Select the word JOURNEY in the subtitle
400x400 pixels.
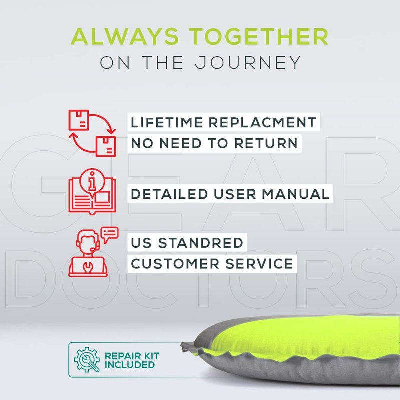point(248,63)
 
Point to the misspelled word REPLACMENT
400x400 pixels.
point(263,122)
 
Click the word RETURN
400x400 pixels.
point(266,143)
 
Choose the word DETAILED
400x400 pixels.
point(169,194)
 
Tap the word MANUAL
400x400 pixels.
point(296,194)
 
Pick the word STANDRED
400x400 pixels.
point(201,243)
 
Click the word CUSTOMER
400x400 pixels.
point(175,264)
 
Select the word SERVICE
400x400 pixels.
point(259,264)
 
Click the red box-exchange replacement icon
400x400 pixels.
point(92,133)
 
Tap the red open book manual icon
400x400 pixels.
point(92,192)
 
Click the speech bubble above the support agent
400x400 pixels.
point(109,234)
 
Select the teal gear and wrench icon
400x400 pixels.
point(87,360)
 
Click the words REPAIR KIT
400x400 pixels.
point(132,356)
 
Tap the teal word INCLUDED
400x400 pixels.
point(130,365)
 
